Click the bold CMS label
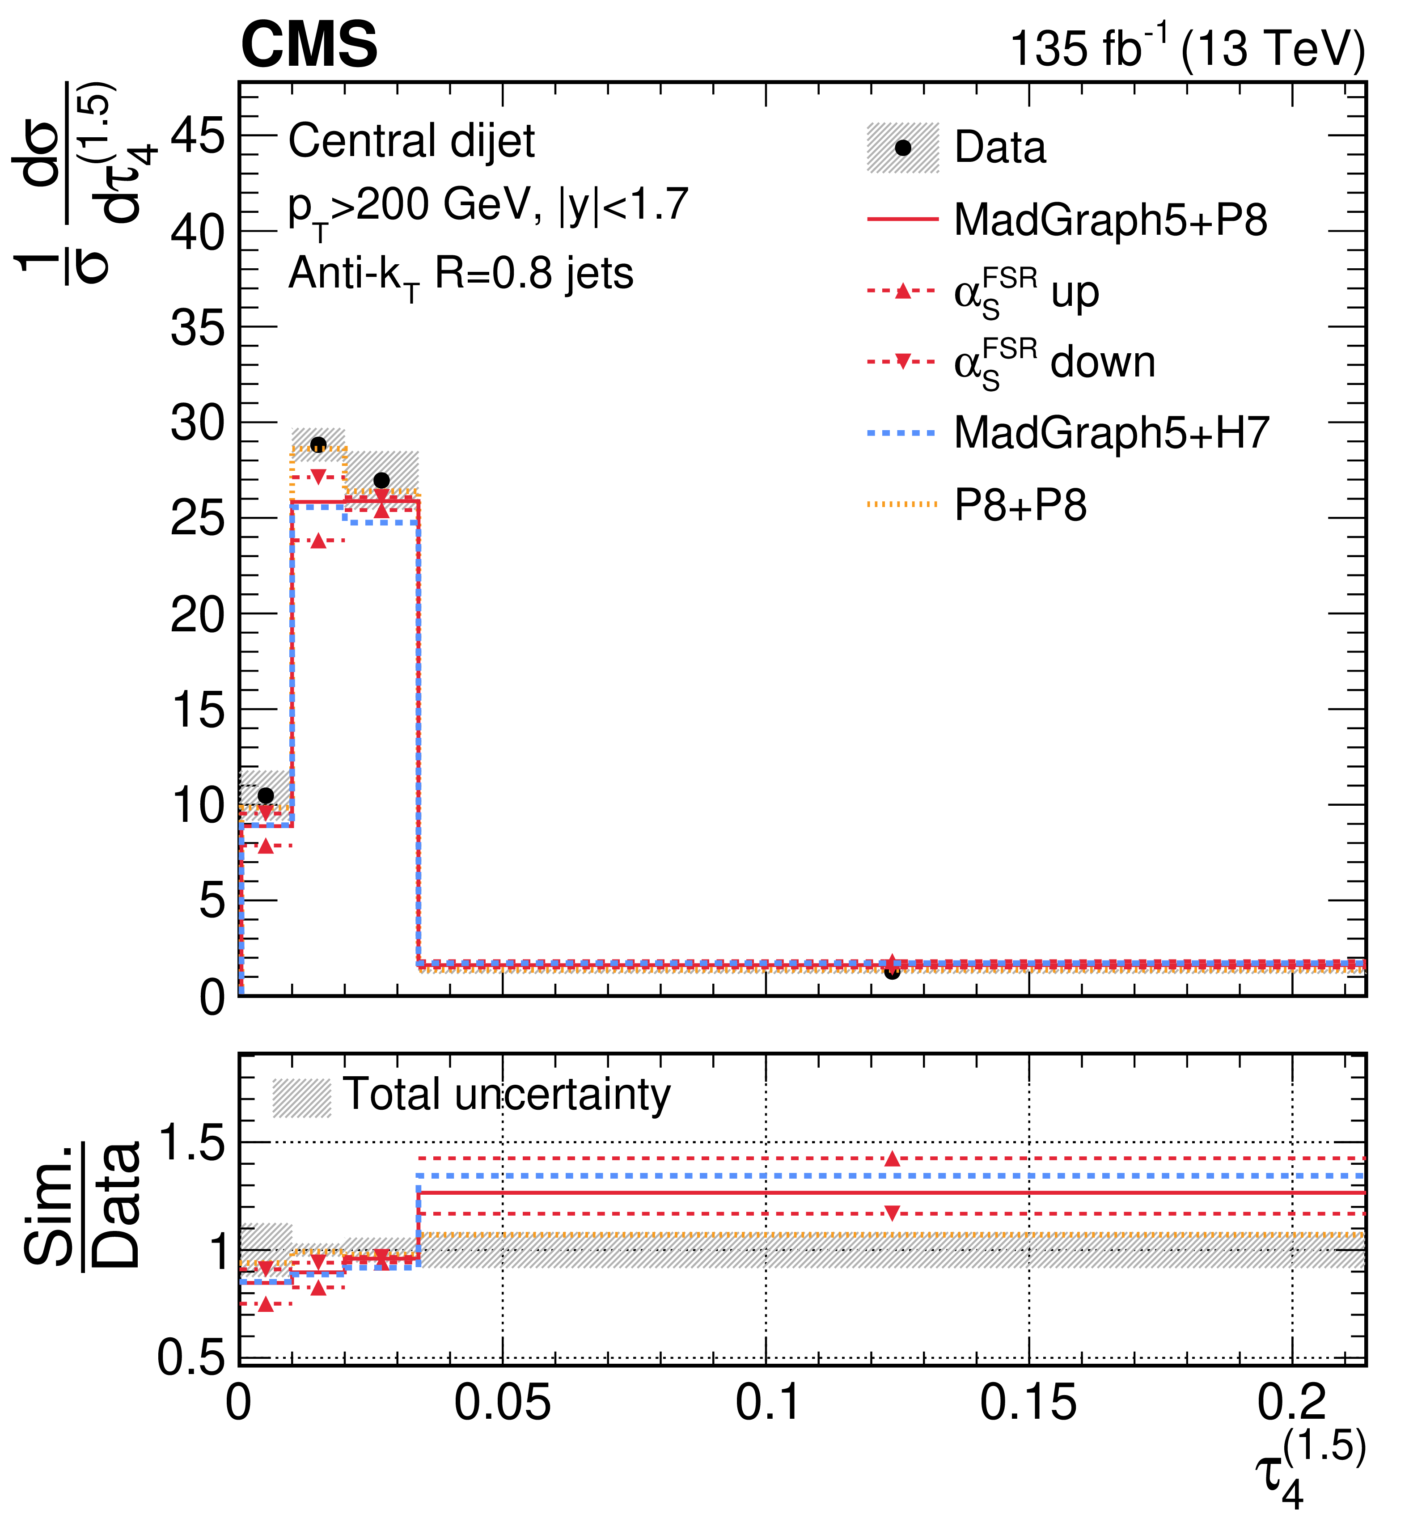point(309,44)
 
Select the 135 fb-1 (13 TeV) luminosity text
point(1187,47)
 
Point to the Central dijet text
point(412,141)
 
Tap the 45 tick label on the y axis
point(198,137)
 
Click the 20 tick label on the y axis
point(198,614)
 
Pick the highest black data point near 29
point(319,444)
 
